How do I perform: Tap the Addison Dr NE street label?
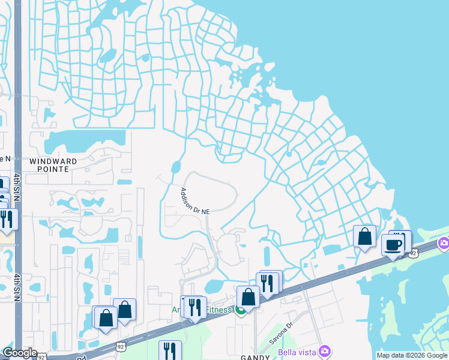[196, 201]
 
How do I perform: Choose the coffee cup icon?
[393, 245]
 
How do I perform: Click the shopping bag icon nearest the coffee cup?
[364, 236]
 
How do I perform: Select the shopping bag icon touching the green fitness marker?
[248, 296]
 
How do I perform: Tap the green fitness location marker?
[240, 310]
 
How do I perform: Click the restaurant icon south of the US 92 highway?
[170, 351]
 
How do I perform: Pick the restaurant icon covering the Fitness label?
[194, 307]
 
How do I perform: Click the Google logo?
[19, 353]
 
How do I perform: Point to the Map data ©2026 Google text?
[412, 355]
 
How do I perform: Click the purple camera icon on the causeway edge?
[444, 243]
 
